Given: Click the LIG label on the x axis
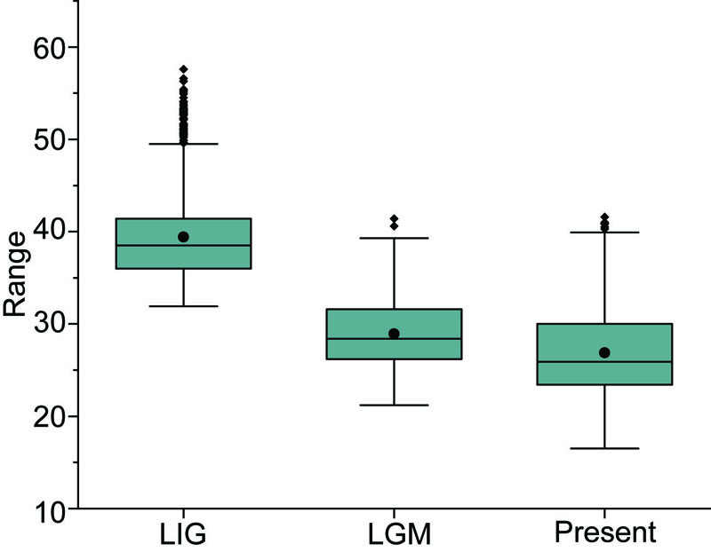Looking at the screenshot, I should [182, 533].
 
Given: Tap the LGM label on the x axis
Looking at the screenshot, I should [394, 533].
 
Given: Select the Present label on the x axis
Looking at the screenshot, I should [604, 533].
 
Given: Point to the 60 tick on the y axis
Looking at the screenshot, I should [50, 47].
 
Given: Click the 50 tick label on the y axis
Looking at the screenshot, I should [50, 139].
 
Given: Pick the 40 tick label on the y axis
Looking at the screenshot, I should [50, 232].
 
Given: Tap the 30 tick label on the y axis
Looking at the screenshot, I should [50, 324].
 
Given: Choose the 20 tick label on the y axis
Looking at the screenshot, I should [50, 416].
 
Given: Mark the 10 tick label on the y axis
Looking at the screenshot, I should [50, 509].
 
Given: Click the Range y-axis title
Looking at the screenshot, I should [16, 275].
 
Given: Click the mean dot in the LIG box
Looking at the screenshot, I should [183, 237].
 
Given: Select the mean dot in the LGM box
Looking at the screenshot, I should [394, 334].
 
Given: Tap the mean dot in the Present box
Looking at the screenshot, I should [604, 352].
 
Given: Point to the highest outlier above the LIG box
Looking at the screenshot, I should [183, 69].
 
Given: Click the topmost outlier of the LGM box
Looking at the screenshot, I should [394, 218].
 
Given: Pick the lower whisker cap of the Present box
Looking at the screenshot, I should [604, 448].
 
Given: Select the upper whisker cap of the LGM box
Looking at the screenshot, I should [394, 238].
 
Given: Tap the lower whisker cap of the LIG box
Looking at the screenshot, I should [183, 306].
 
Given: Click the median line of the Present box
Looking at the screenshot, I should [604, 362].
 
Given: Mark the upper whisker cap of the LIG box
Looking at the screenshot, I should [183, 144].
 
